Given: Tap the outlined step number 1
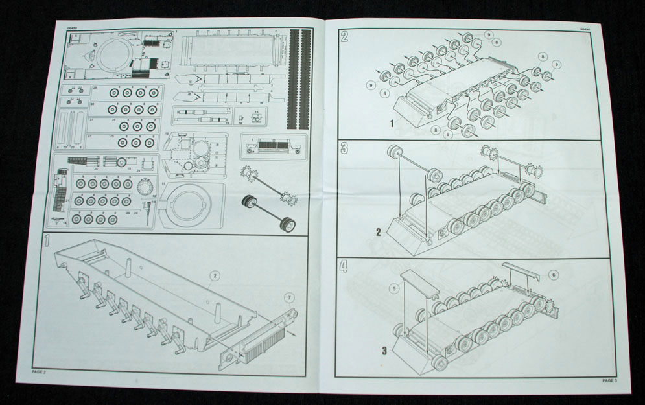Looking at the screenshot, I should coord(45,241).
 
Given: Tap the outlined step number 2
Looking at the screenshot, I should coord(345,36).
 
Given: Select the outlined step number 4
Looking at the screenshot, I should coord(345,265).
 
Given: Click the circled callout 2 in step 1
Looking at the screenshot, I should coord(214,275).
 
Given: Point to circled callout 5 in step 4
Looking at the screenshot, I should coord(393,288).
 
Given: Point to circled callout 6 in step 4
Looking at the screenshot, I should coord(553,275).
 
